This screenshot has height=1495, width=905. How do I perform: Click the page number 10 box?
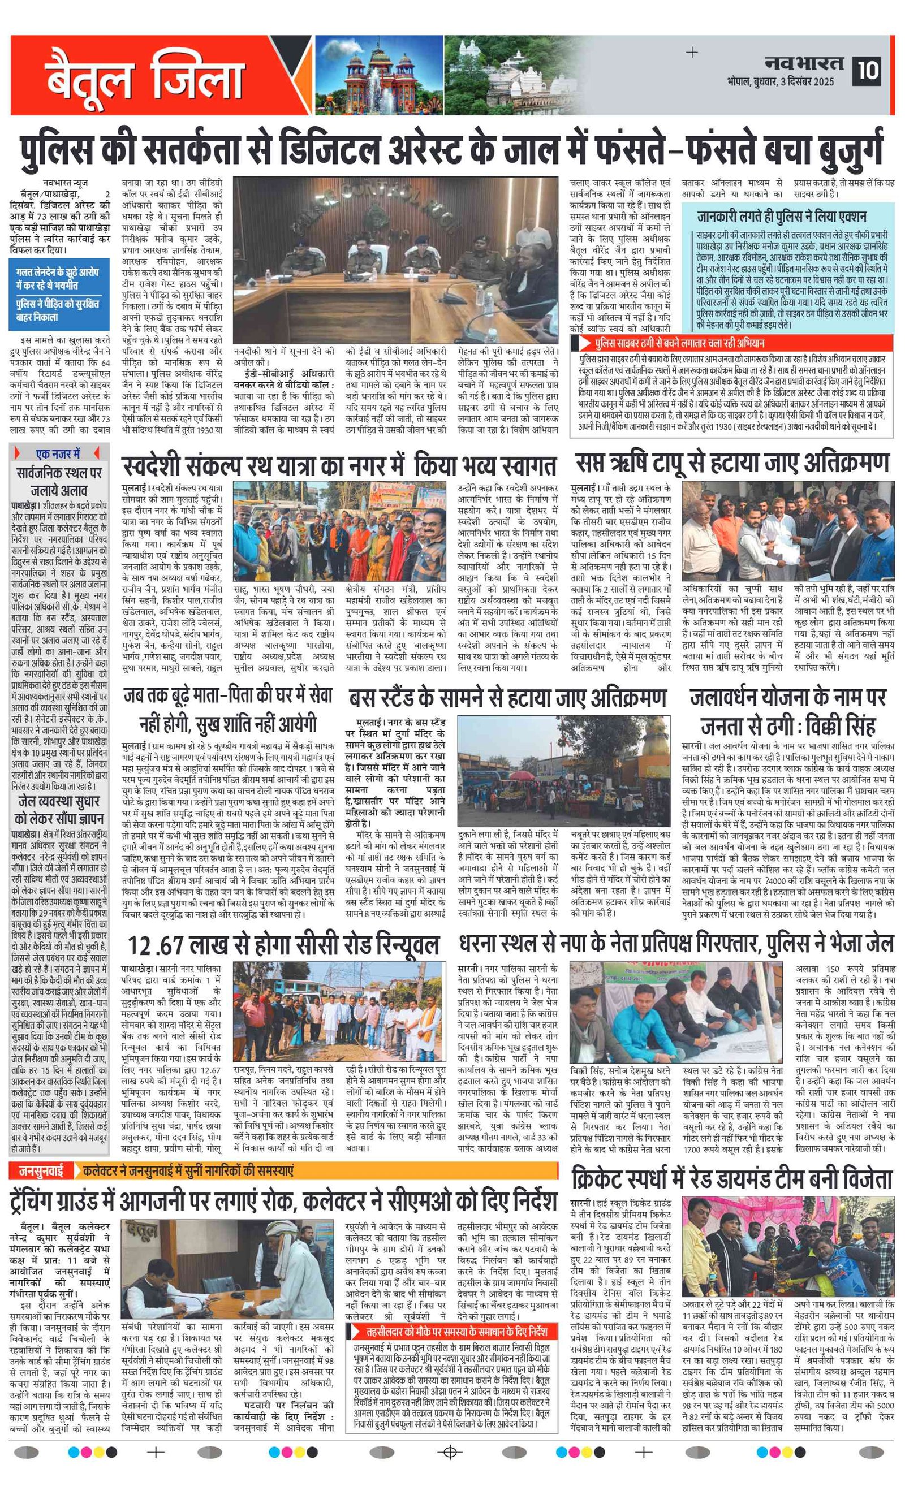[x=869, y=70]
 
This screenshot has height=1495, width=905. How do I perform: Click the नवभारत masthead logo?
[x=804, y=63]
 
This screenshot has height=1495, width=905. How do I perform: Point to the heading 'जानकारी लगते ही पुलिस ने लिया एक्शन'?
[x=782, y=217]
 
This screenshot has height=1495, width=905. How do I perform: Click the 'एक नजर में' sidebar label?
[x=58, y=453]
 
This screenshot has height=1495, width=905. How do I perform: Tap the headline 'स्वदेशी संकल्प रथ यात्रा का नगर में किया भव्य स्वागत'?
[x=339, y=466]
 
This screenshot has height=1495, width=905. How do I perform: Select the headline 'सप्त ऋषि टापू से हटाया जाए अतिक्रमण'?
[x=732, y=464]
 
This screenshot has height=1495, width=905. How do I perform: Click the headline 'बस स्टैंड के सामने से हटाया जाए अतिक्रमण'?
[x=507, y=699]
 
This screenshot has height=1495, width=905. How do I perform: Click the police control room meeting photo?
[x=396, y=260]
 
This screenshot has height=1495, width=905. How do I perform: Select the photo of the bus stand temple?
[x=564, y=771]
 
